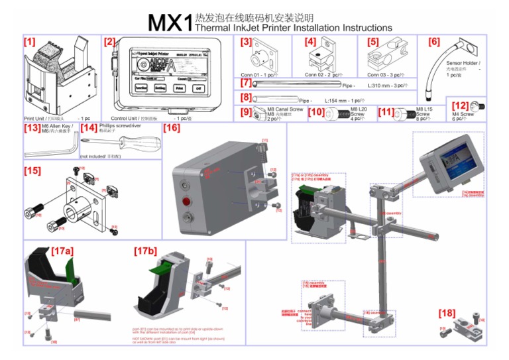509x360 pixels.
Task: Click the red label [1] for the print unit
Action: click(x=30, y=41)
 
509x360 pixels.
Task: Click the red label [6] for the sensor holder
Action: click(x=434, y=42)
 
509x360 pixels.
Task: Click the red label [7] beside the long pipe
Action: click(x=245, y=83)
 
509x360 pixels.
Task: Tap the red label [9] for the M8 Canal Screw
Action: click(x=245, y=113)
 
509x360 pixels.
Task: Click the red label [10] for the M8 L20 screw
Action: click(x=316, y=113)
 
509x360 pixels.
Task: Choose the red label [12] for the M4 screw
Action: click(x=460, y=105)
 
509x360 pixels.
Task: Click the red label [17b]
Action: click(x=145, y=251)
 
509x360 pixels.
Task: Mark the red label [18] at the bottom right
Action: click(x=447, y=312)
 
